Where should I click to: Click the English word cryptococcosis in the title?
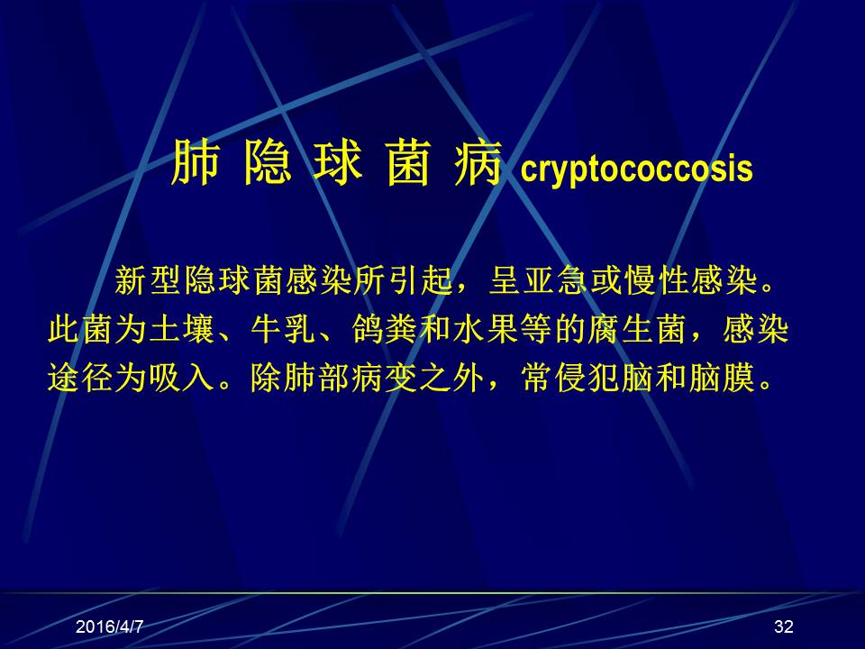pos(637,169)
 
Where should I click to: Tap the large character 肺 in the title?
pos(195,161)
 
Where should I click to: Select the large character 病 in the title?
pos(478,161)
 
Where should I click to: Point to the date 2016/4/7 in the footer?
pos(109,626)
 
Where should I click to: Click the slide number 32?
pos(783,626)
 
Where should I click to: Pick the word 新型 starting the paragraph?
pos(148,280)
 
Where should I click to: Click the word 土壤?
pos(181,330)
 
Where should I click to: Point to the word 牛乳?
pos(284,330)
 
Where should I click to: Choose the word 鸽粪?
pos(385,330)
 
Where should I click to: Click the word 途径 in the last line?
pos(80,378)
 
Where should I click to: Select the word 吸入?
pos(181,378)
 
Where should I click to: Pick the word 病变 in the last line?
pos(385,378)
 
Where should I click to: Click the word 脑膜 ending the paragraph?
pos(722,378)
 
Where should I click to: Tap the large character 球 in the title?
pos(337,161)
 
